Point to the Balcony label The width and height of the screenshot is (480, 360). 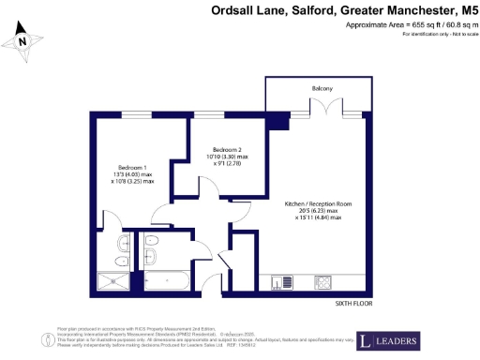click(322, 88)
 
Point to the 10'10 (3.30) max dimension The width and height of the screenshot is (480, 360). click(229, 157)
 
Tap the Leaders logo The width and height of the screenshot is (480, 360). click(387, 339)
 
